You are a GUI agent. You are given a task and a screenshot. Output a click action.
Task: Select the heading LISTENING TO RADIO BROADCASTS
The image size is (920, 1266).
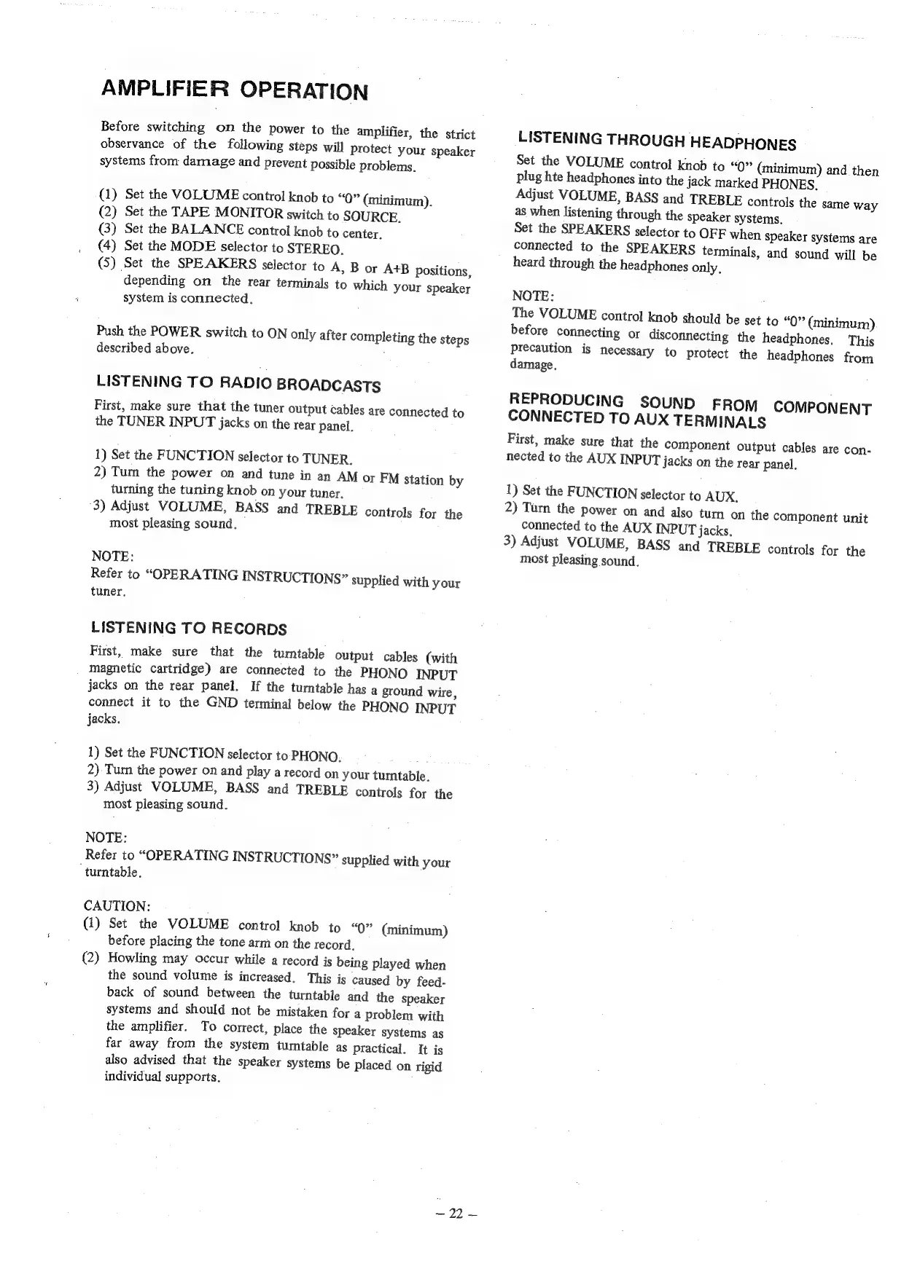point(238,383)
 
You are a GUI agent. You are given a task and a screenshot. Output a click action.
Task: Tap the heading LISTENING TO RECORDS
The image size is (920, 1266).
point(189,628)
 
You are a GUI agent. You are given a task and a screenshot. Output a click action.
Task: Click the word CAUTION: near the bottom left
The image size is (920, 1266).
point(117,906)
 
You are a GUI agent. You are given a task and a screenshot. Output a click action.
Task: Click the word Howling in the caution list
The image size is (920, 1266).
point(132,958)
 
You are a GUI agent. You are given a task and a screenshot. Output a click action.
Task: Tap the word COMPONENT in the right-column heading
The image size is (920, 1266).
point(822,408)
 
